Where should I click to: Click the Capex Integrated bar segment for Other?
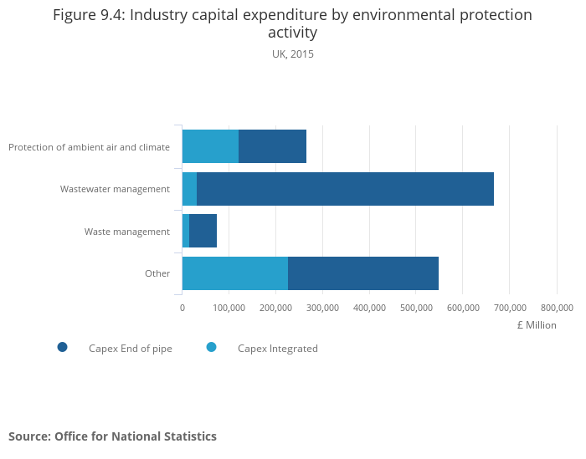tap(235, 273)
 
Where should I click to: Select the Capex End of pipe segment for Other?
tap(363, 273)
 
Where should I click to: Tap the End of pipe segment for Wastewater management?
tap(345, 189)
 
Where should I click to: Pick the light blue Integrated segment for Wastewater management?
tap(189, 189)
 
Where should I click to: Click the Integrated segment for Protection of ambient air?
tap(210, 146)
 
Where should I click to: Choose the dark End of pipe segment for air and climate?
tap(272, 146)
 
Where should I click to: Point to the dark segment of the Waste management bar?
tap(203, 231)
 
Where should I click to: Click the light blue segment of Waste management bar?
tap(186, 231)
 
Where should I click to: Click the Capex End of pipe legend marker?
tap(62, 348)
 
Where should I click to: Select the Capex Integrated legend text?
tap(277, 349)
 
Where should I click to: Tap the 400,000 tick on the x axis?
tap(369, 308)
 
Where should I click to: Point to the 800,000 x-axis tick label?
tap(557, 308)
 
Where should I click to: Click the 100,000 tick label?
tap(229, 308)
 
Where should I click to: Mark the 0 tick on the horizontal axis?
tap(182, 308)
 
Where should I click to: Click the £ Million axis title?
tap(536, 325)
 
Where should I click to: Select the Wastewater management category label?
tap(115, 189)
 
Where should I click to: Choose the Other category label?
tap(157, 273)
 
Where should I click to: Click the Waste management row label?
tap(127, 232)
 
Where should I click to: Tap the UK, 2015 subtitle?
tap(293, 54)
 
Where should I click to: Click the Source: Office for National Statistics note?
tap(112, 436)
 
